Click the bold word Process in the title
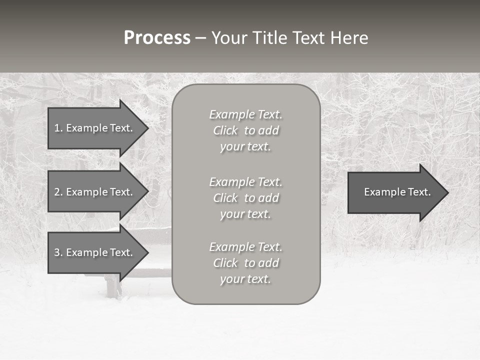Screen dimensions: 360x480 click(157, 38)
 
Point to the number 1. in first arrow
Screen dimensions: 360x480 click(58, 128)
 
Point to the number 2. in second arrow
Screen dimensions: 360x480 click(58, 192)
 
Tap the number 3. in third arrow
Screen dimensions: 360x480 click(58, 252)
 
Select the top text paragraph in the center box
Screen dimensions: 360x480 click(246, 130)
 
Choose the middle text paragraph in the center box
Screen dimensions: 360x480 click(246, 198)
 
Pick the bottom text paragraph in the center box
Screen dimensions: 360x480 click(246, 263)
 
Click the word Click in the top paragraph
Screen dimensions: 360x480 click(225, 130)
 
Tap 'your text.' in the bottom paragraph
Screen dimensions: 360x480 click(245, 279)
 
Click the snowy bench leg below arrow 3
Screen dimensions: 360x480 click(113, 287)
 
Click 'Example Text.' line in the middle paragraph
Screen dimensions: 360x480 click(246, 182)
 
